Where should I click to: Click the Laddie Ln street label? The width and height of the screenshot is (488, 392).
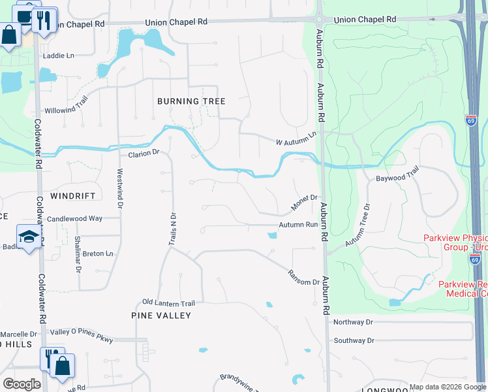59,56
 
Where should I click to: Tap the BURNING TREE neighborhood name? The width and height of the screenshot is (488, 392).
192,101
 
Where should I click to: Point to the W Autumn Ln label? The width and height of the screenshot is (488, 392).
296,138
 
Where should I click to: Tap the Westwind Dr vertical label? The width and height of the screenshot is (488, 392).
120,189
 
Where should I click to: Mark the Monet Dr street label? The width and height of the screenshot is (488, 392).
304,202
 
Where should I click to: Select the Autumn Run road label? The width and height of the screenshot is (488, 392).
298,224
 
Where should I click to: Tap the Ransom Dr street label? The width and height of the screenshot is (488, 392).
305,277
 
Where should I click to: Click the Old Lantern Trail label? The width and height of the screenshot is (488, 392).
169,303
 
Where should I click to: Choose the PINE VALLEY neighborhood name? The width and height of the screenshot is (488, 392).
161,316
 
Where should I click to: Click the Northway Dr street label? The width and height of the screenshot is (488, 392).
353,322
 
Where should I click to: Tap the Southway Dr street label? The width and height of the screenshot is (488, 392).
354,340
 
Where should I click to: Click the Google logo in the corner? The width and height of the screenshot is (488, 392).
22,384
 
